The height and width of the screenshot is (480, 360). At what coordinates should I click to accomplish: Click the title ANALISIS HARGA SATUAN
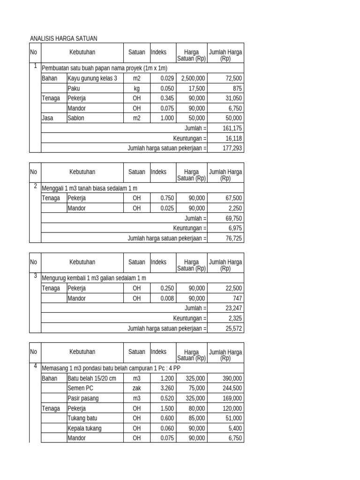63,38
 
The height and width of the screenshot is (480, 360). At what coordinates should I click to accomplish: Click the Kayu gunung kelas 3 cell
93,78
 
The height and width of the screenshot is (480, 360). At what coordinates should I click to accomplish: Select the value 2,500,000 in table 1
192,78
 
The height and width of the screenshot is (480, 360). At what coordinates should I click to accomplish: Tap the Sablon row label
76,118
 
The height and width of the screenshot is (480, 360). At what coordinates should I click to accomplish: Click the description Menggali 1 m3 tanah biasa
90,188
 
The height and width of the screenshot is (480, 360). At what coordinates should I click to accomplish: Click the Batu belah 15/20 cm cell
92,378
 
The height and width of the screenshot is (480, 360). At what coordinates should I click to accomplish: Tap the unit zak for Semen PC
136,388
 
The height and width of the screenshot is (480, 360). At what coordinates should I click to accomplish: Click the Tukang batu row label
82,418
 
